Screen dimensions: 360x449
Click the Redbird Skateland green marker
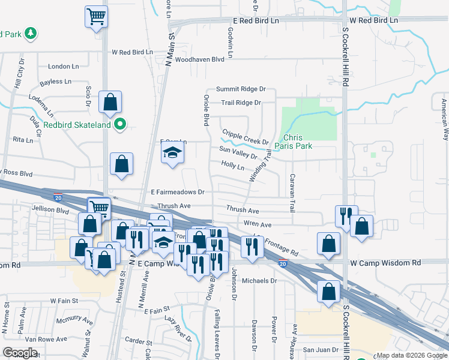(x=120, y=125)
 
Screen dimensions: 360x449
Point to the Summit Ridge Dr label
(x=240, y=89)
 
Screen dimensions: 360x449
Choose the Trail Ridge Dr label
(x=241, y=103)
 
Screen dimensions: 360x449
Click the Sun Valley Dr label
(x=238, y=152)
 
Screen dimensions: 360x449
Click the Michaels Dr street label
(x=259, y=280)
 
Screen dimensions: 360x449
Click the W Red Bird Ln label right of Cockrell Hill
(x=374, y=20)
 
